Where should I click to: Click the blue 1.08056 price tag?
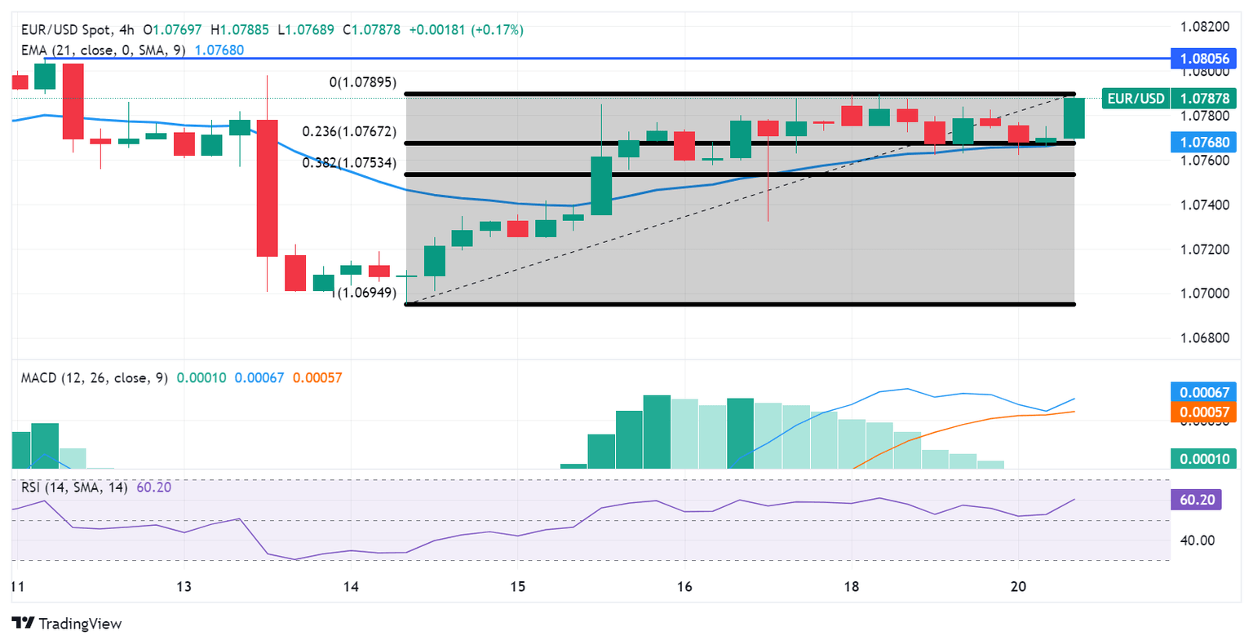point(1205,59)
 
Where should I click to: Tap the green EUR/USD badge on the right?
point(1135,99)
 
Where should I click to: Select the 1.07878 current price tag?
point(1205,99)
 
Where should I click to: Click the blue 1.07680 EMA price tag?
point(1205,142)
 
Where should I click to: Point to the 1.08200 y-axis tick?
point(1205,27)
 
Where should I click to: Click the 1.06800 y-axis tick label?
point(1205,337)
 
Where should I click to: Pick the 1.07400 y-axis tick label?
point(1205,205)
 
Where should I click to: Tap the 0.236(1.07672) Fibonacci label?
point(349,132)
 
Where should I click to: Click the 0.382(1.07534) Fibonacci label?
point(349,163)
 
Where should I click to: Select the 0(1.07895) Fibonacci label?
point(362,83)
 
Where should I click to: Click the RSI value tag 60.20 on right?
point(1196,499)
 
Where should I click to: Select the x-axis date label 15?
point(517,586)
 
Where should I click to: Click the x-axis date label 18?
point(851,586)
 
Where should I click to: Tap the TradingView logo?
point(68,624)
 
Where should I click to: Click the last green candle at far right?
point(1074,118)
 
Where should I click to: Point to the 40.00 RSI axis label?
point(1197,540)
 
